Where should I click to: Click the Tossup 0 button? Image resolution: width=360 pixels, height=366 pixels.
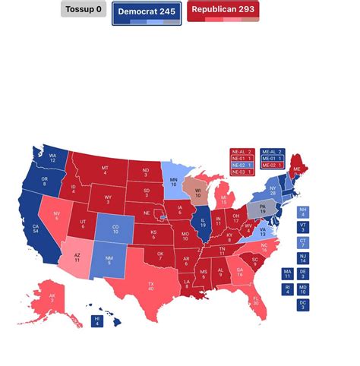coord(84,10)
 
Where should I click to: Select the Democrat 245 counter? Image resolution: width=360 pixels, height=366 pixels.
coord(147,12)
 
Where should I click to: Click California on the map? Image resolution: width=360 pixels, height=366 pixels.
coord(35,231)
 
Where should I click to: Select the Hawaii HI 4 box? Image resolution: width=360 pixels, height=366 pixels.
coord(96,321)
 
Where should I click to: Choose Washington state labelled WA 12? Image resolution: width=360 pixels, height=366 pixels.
coord(53,159)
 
